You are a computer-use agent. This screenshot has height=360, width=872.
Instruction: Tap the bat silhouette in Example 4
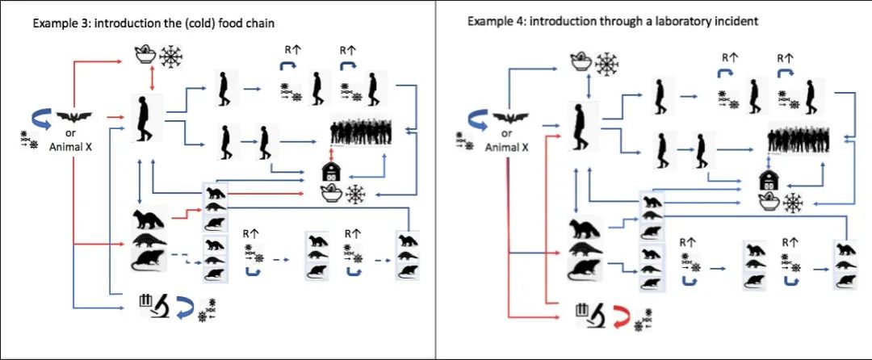pyautogui.click(x=506, y=117)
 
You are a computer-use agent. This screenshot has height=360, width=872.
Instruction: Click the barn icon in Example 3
pyautogui.click(x=329, y=172)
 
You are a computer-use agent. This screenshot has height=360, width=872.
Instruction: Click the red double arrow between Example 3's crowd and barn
pyautogui.click(x=329, y=153)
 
